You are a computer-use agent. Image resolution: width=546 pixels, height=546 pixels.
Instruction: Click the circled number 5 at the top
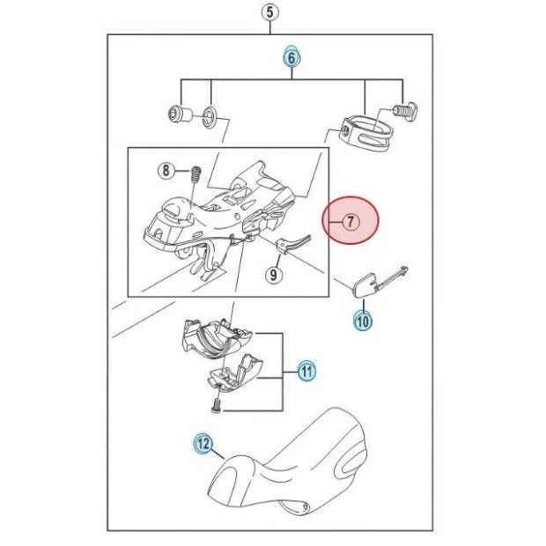[x=269, y=12]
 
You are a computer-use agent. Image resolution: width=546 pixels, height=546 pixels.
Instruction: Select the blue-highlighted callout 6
[x=291, y=57]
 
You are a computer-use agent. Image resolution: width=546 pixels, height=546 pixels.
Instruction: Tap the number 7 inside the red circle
[x=350, y=222]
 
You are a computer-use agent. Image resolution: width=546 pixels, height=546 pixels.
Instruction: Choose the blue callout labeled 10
[x=363, y=321]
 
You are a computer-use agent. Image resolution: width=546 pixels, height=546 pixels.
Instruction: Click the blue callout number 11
[x=305, y=372]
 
